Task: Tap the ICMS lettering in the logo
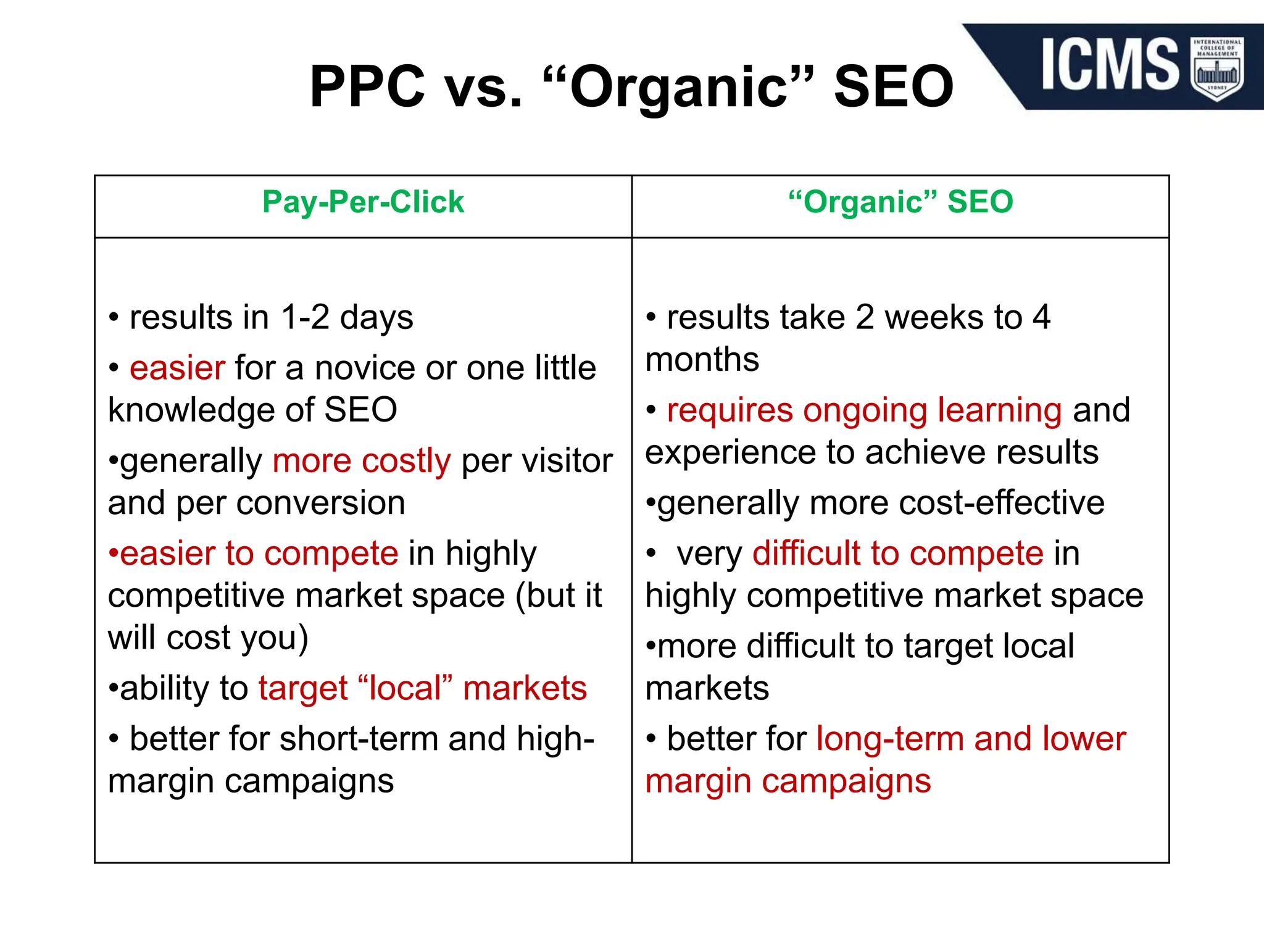(1109, 64)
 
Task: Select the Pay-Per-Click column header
(363, 202)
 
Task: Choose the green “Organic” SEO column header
(900, 202)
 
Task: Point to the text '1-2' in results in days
(305, 318)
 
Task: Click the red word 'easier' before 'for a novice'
(177, 368)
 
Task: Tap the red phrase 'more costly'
(362, 461)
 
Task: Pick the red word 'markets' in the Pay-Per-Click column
(525, 688)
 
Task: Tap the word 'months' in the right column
(702, 360)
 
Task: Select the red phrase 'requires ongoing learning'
(864, 410)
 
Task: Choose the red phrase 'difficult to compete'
(897, 554)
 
